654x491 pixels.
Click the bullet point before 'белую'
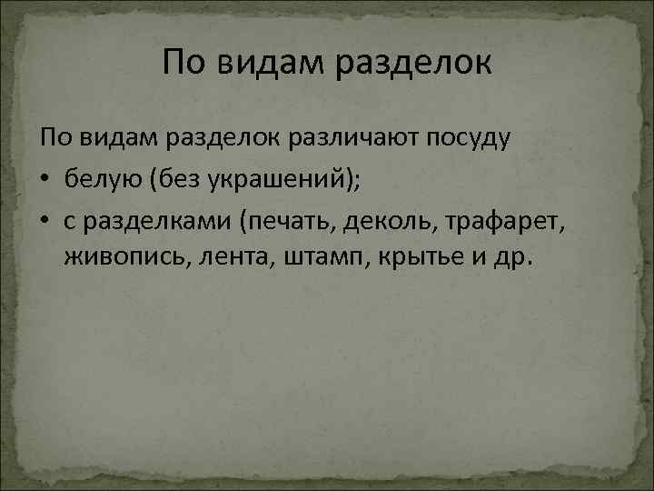(46, 179)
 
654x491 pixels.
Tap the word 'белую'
(103, 179)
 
